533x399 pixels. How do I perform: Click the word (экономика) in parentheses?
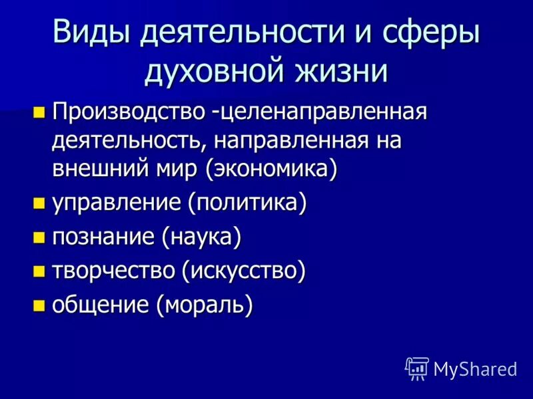coord(271,168)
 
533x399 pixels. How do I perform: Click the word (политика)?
coord(247,203)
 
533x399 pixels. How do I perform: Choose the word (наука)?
coord(199,237)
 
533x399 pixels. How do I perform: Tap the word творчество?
coord(113,271)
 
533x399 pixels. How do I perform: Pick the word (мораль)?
coord(205,306)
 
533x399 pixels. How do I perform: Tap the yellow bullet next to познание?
coord(40,237)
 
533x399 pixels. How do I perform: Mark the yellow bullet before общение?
coord(40,306)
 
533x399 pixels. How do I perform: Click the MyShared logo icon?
coord(417,368)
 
